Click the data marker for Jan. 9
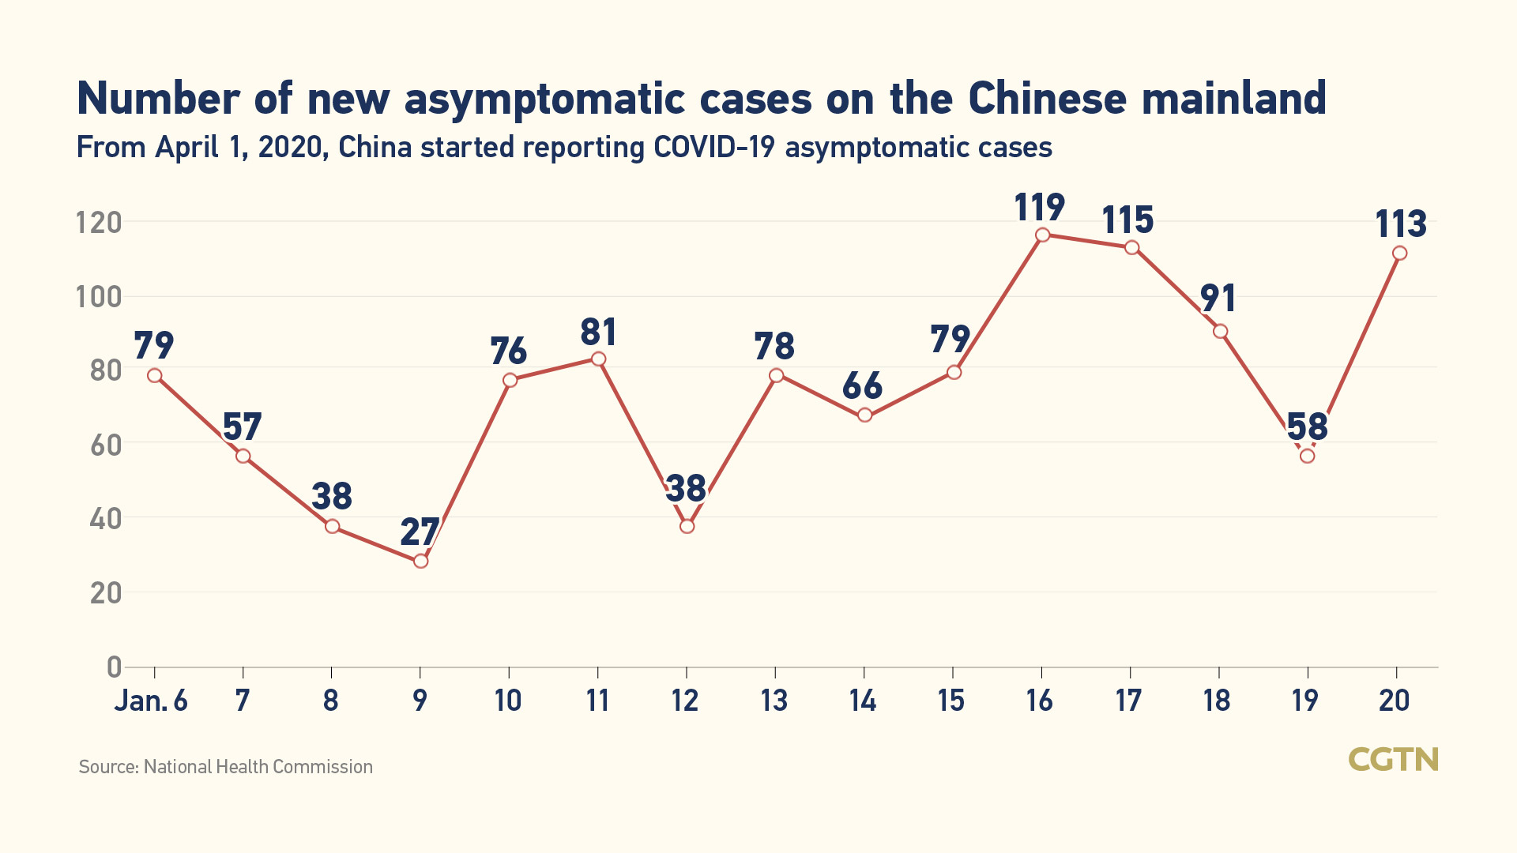[420, 561]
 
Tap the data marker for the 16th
[1042, 235]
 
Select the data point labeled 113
[1399, 253]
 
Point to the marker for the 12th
[687, 526]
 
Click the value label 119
[1040, 208]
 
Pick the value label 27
[420, 532]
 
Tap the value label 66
[862, 386]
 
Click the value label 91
[1218, 299]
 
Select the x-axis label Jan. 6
[151, 701]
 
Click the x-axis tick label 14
[863, 701]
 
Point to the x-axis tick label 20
[1395, 701]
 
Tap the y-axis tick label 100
[99, 298]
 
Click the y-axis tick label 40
[106, 519]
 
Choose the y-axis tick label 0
[115, 667]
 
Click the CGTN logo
[1393, 760]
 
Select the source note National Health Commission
[258, 767]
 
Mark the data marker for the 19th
[1307, 456]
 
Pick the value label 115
[1128, 220]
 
